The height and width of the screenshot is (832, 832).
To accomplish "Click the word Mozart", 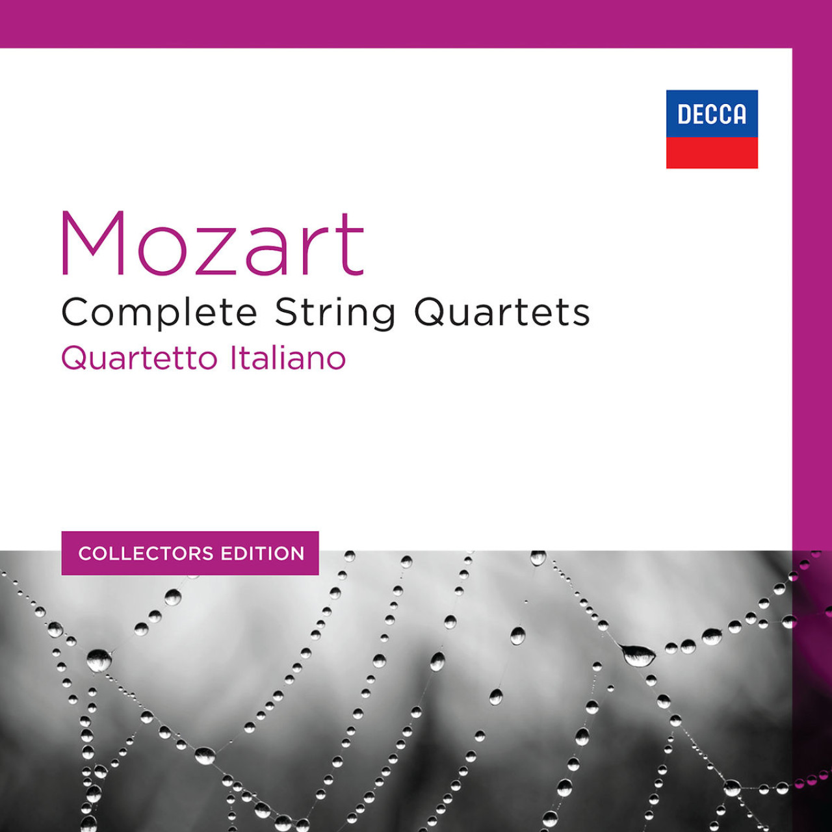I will click(x=212, y=244).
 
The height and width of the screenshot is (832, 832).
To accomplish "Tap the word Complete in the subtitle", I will click(x=159, y=313).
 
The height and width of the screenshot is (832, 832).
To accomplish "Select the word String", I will click(x=335, y=313).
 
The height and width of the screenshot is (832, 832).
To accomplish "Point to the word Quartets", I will click(x=502, y=313).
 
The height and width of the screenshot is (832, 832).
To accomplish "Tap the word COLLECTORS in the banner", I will click(x=146, y=554).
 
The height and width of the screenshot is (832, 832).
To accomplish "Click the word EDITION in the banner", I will click(x=263, y=554).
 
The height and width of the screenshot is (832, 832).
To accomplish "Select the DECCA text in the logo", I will click(x=712, y=114).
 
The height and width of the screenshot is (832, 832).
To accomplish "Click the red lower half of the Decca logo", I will click(x=712, y=153).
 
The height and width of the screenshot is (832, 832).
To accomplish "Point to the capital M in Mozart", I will click(x=92, y=244).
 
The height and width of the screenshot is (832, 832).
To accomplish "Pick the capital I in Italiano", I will click(x=234, y=358).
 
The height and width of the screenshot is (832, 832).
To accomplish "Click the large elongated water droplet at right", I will click(x=638, y=655).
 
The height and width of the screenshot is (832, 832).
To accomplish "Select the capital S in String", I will click(x=287, y=313).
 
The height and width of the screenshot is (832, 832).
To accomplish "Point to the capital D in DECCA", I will click(x=684, y=115).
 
